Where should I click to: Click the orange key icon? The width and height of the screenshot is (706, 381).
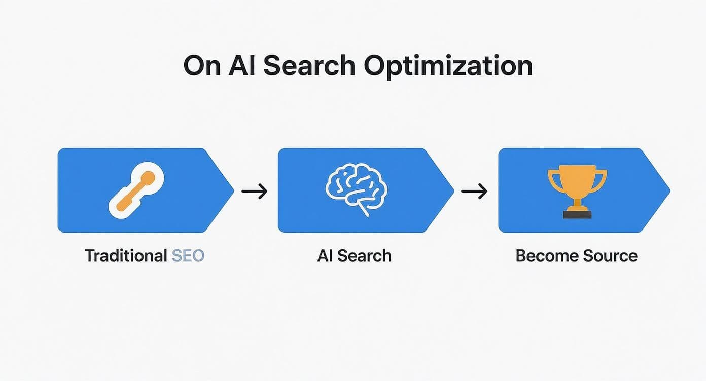coord(136,190)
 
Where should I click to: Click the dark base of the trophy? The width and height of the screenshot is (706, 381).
coord(577,215)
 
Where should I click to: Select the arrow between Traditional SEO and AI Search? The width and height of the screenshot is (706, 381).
coord(255,191)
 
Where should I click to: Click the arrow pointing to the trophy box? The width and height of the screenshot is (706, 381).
coord(474,191)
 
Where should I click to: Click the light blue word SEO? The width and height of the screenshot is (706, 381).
coord(188,255)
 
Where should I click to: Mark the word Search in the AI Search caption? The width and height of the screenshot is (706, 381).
coord(365,255)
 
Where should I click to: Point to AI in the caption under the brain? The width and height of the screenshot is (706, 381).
coord(325,255)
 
